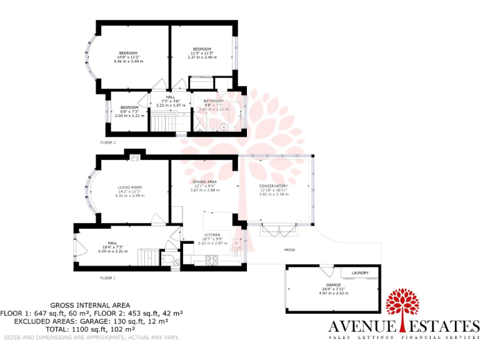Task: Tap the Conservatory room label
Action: pyautogui.click(x=273, y=186)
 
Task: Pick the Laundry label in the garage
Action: pyautogui.click(x=361, y=273)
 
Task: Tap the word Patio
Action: pyautogui.click(x=289, y=250)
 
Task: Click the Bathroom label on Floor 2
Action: pyautogui.click(x=213, y=101)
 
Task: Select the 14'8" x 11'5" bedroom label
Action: pyautogui.click(x=129, y=53)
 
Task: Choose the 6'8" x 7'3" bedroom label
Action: pyautogui.click(x=129, y=107)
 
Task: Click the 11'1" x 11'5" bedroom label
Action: pyautogui.click(x=202, y=49)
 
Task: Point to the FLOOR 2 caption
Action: pyautogui.click(x=108, y=142)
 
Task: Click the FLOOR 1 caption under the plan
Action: pyautogui.click(x=108, y=277)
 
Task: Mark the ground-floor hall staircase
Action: pyautogui.click(x=149, y=257)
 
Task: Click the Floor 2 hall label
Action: pyautogui.click(x=171, y=97)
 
